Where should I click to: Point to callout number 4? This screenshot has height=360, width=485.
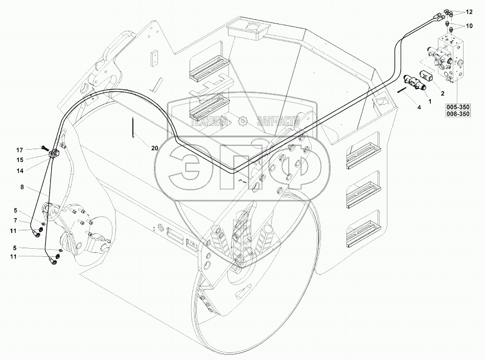(419, 108)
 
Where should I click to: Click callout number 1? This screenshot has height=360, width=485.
(430, 101)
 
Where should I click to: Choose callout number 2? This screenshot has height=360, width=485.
(442, 93)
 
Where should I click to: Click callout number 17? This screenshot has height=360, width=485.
(19, 150)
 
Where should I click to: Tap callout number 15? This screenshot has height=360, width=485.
(19, 159)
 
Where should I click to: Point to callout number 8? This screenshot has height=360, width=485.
(22, 187)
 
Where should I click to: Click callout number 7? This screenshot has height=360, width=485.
(16, 221)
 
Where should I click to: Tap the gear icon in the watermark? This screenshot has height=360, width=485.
(242, 121)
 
